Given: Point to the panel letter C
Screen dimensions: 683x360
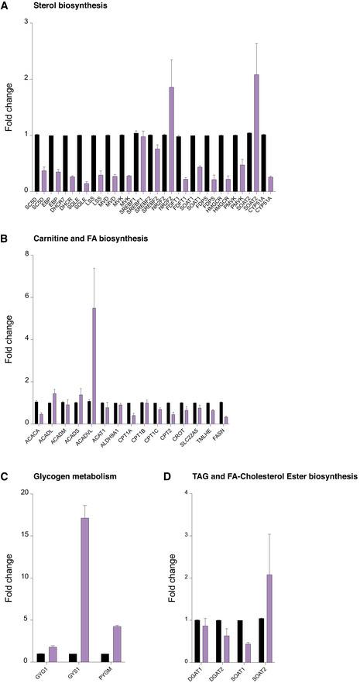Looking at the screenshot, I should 5,477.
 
